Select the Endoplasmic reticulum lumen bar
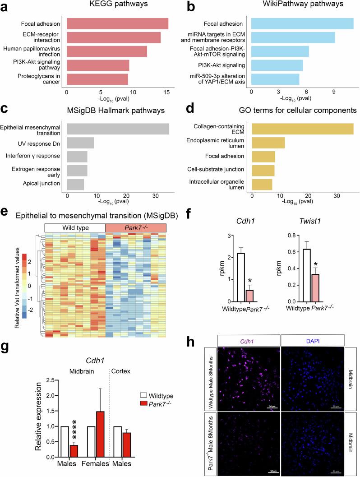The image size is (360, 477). tap(268, 143)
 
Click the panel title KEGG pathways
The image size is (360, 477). tap(118, 6)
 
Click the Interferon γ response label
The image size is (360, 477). tap(37, 156)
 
